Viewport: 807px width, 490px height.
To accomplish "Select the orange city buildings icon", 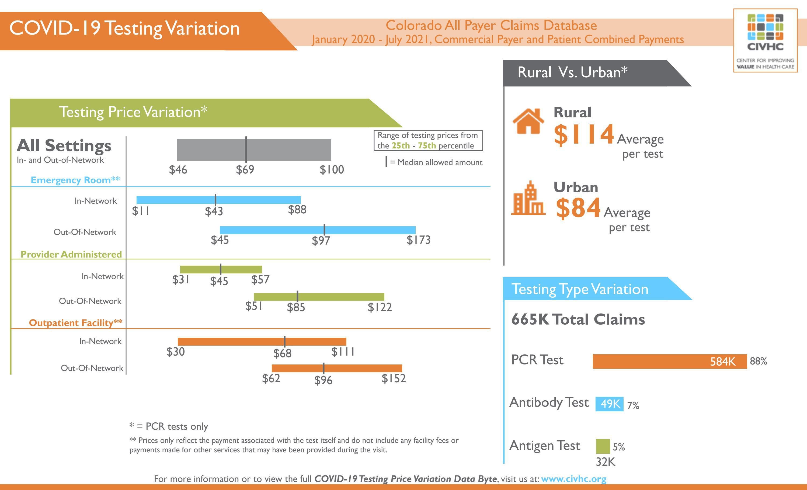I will tap(528, 199).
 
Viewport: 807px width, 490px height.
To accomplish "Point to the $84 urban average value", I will tap(578, 208).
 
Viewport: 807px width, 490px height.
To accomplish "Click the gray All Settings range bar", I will tap(254, 150).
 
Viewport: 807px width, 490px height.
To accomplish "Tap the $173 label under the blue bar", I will tap(418, 240).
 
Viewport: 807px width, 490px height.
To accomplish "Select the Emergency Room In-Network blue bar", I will tap(218, 200).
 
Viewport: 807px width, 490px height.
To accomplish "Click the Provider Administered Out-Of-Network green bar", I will tap(319, 297).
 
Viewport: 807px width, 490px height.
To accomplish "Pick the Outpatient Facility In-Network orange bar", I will tap(262, 342).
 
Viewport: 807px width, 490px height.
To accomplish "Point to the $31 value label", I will tap(181, 279).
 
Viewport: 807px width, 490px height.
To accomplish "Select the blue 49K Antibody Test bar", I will tap(609, 404).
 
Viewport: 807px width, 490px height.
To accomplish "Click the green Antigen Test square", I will tap(603, 446).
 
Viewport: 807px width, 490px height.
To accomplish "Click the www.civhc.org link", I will tap(573, 479).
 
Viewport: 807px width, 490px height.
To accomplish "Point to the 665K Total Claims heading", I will tap(578, 319).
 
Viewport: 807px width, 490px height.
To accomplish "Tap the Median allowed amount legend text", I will tap(440, 162).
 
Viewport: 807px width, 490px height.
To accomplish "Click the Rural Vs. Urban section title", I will tap(572, 72).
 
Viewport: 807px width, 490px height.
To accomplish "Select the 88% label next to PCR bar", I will tap(759, 361).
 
